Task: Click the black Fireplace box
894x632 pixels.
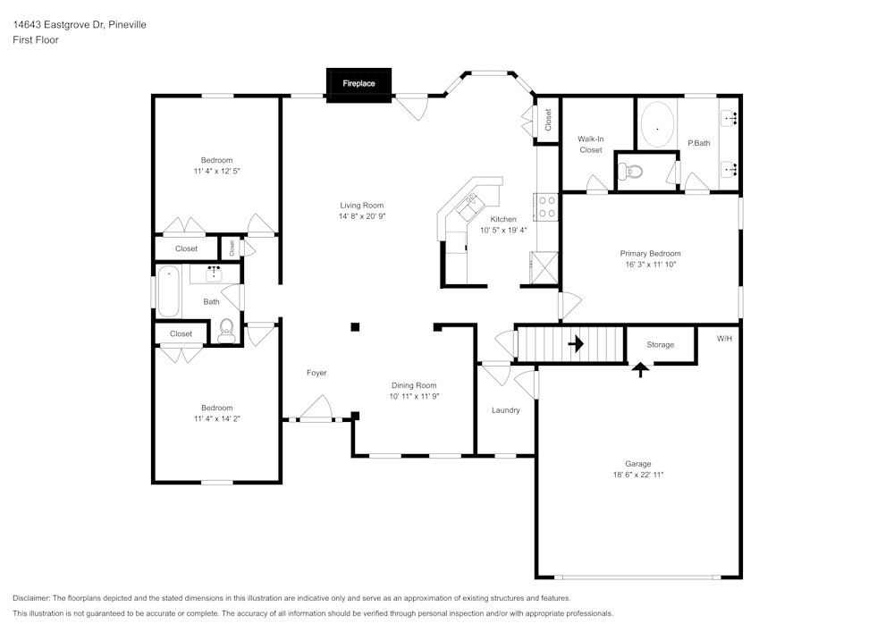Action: point(358,84)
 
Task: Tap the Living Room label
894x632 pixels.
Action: point(361,206)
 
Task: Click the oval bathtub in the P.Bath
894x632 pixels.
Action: point(657,126)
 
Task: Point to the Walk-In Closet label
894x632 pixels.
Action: point(590,144)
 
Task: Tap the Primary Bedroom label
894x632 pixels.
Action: point(650,254)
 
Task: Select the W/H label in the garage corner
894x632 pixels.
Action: point(724,339)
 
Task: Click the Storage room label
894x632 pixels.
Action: point(660,344)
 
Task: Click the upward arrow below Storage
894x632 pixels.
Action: point(640,368)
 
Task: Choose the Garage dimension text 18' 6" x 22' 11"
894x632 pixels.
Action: point(637,475)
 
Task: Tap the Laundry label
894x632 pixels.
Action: point(505,410)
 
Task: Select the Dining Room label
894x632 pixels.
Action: point(413,385)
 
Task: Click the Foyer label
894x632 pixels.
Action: point(316,373)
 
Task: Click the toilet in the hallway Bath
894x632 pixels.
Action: point(226,330)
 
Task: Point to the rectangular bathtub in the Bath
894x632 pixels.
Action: point(168,291)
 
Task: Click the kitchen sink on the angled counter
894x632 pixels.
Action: point(468,210)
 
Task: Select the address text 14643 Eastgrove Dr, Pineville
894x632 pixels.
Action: point(80,25)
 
